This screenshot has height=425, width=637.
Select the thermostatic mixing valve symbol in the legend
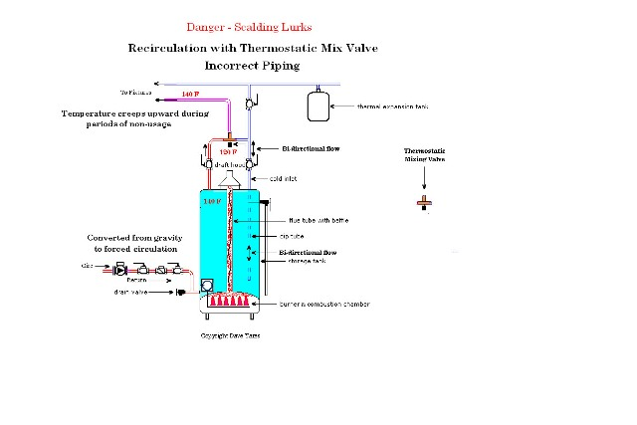pos(425,202)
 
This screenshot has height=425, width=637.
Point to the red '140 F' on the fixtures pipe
pos(191,95)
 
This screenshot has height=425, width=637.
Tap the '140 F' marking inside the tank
pos(211,202)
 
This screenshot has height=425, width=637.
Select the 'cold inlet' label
pos(284,178)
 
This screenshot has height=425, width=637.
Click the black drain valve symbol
pos(182,293)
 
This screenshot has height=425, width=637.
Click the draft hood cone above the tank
pos(231,180)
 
